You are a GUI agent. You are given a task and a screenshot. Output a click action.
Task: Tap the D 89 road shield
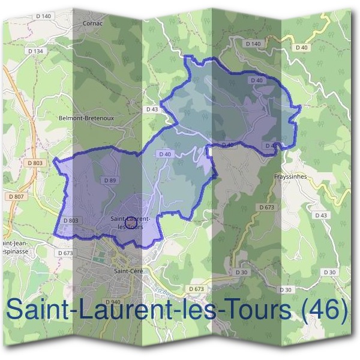109,180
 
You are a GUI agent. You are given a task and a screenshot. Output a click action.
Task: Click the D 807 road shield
16,197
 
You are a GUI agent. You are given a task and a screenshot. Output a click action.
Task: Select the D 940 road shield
112,302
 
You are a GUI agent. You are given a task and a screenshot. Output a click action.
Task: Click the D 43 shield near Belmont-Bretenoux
151,110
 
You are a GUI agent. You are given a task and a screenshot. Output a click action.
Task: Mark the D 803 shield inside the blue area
70,220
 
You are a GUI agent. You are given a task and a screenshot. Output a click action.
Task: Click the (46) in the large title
322,310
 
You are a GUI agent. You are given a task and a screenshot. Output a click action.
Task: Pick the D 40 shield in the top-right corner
301,47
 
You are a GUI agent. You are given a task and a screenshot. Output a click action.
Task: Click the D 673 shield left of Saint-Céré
65,253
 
